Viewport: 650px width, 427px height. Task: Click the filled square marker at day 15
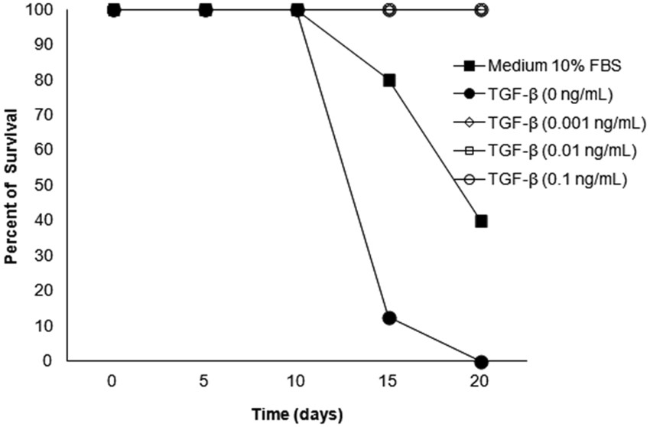point(389,80)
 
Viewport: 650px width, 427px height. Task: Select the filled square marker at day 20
point(481,221)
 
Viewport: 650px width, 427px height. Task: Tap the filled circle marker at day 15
point(389,318)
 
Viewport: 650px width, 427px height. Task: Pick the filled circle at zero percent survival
point(481,361)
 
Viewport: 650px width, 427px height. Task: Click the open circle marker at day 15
point(389,10)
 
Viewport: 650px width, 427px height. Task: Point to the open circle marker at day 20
point(481,10)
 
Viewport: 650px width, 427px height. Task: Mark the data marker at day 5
point(206,10)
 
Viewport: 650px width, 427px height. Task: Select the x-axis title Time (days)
point(298,414)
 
